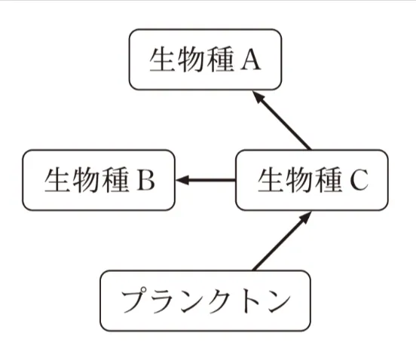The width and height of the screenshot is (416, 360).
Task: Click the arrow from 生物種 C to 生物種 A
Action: click(x=282, y=121)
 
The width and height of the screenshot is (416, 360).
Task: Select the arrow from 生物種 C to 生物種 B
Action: click(x=206, y=180)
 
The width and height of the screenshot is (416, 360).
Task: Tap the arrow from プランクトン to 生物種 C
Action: click(x=280, y=241)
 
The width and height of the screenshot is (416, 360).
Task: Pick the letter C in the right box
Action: click(x=358, y=181)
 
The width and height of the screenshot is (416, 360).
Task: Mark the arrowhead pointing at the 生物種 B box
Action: click(x=183, y=180)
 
